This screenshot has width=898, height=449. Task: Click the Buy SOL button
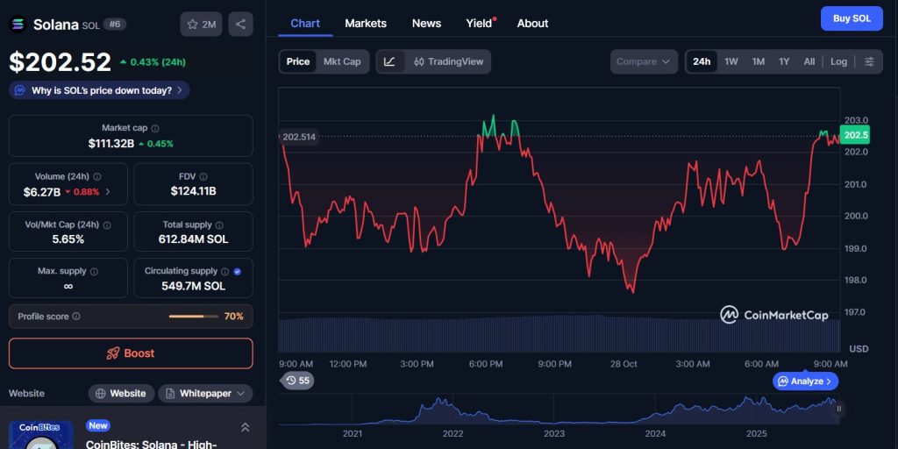click(852, 18)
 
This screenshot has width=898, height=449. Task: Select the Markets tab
click(366, 23)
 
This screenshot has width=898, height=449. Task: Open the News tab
click(426, 23)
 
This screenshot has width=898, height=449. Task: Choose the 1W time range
click(731, 61)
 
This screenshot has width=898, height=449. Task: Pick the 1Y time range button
click(784, 61)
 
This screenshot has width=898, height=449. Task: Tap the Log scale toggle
click(839, 61)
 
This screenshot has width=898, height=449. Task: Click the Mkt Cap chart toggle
click(342, 61)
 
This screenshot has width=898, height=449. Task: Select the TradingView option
click(448, 61)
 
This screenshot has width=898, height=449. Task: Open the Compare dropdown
click(644, 61)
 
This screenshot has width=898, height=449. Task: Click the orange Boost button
click(131, 353)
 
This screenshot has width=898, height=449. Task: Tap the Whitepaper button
click(205, 394)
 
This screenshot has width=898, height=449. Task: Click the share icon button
click(240, 24)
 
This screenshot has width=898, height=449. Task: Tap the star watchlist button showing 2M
click(201, 24)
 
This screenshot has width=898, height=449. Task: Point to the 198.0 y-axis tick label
click(856, 280)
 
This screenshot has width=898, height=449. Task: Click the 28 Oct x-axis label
click(623, 364)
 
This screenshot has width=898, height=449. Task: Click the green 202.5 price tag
click(855, 135)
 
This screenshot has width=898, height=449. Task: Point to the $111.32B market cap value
click(110, 143)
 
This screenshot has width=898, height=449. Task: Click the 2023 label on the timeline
click(554, 433)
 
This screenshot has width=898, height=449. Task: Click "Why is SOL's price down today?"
click(99, 90)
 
